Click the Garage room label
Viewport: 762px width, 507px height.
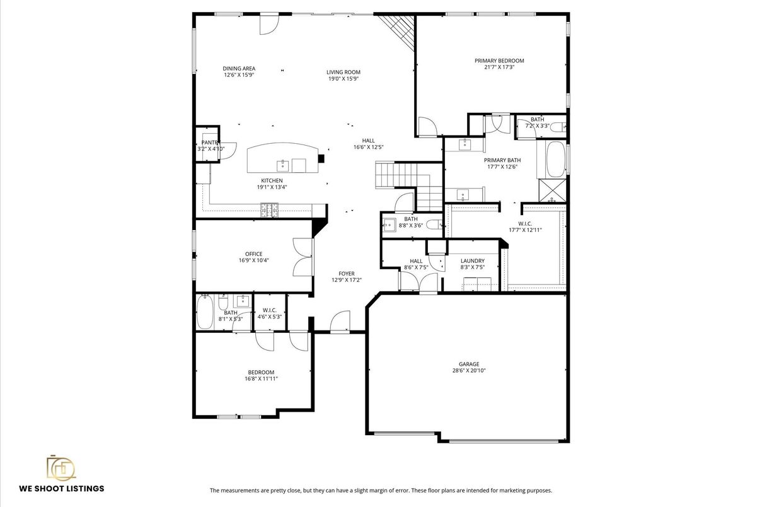pos(468,364)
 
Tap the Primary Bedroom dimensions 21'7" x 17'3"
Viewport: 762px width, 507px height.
pos(499,67)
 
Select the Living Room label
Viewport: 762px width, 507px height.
pos(343,72)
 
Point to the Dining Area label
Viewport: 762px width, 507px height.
pos(239,68)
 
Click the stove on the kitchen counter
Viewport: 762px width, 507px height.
pos(270,209)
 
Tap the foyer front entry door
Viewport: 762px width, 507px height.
pos(341,321)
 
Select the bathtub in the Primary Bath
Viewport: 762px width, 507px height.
pos(555,160)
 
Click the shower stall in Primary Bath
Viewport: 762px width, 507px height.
pos(553,190)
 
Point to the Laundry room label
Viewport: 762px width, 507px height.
pos(472,260)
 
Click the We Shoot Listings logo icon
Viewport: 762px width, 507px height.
pos(61,467)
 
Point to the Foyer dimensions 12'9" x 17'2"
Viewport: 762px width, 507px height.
pos(347,280)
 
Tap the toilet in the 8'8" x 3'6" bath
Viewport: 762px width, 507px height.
pos(434,224)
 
